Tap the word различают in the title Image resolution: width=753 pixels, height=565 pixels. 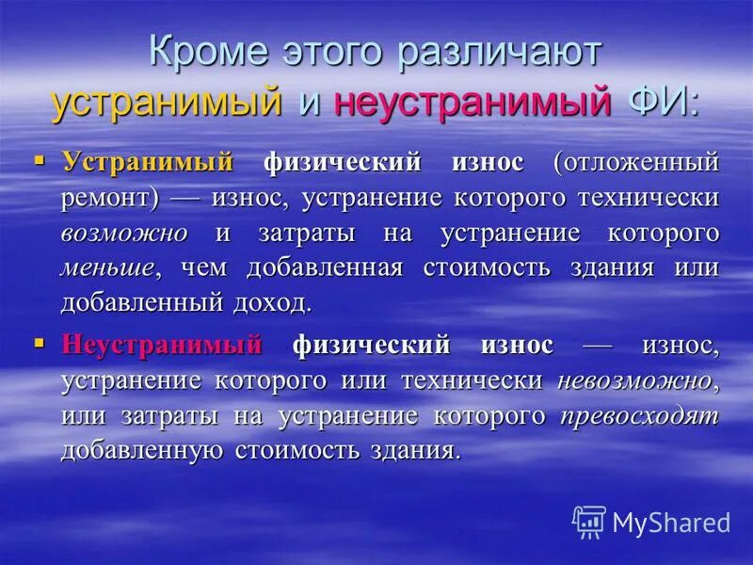click(x=498, y=55)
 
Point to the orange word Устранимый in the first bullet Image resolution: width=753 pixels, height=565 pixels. click(x=148, y=162)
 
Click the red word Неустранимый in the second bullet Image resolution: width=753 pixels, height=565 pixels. click(x=162, y=345)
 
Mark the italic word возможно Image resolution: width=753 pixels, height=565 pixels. click(x=124, y=233)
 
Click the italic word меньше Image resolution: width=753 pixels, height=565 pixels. click(x=107, y=268)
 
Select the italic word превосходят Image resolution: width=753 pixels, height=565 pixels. click(x=640, y=415)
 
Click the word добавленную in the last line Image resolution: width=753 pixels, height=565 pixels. click(x=142, y=450)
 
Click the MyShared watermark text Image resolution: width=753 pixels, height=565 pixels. click(x=671, y=522)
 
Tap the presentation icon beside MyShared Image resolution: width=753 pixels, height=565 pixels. click(x=589, y=521)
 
